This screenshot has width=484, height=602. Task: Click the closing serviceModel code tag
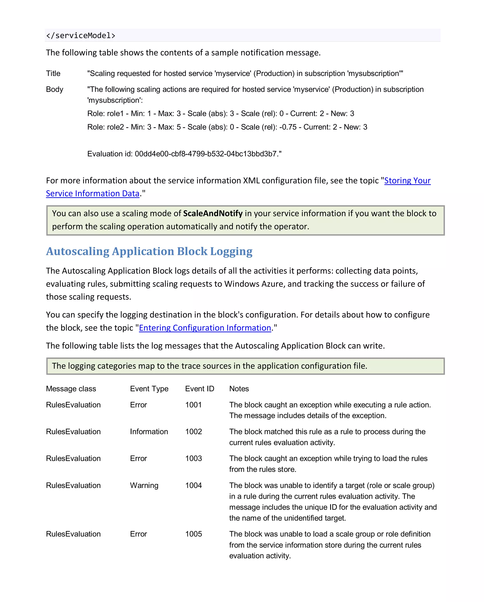(81, 35)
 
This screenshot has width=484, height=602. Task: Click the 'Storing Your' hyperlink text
(407, 181)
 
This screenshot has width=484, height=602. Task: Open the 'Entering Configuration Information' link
(205, 328)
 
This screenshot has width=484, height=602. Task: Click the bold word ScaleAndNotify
(213, 213)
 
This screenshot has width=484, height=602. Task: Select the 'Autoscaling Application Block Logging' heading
(149, 251)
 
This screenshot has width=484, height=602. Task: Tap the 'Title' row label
(53, 73)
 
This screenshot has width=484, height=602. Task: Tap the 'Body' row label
(55, 89)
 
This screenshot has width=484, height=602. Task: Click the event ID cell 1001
(193, 405)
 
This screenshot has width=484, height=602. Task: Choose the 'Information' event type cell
(149, 432)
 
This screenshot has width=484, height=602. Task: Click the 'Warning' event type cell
(144, 486)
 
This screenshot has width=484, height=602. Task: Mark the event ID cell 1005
(193, 534)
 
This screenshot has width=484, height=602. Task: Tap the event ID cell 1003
(193, 458)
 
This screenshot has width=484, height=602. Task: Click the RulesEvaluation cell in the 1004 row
(73, 486)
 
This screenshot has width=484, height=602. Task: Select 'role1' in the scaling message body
(115, 114)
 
